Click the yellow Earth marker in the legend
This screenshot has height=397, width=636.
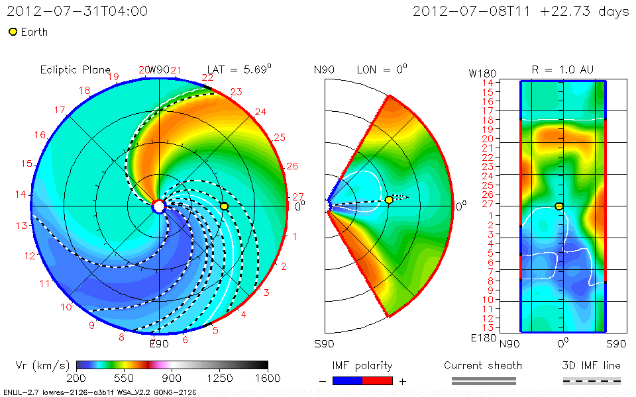13,32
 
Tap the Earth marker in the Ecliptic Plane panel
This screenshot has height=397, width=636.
224,206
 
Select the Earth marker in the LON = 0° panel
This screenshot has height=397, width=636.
389,200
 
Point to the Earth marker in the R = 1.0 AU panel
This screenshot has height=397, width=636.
559,206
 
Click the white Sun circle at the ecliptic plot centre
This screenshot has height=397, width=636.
159,206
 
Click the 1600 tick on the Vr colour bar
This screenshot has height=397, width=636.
268,378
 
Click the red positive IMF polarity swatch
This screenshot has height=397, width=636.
378,380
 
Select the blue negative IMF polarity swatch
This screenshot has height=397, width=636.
347,380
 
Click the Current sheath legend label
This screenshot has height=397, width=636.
483,365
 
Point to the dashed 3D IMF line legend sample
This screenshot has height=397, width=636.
592,380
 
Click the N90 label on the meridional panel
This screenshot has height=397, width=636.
325,69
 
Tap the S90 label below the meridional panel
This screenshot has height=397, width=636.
325,343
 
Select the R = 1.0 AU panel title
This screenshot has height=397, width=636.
562,69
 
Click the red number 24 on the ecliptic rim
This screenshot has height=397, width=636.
260,112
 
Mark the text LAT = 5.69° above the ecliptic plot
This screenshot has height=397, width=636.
239,69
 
